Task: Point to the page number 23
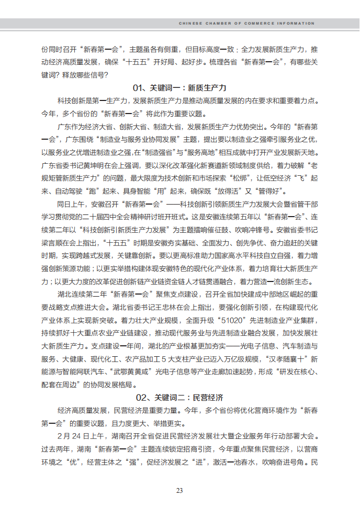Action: (179, 490)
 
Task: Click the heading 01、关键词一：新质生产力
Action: (179, 87)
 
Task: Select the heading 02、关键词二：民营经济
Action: (179, 398)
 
